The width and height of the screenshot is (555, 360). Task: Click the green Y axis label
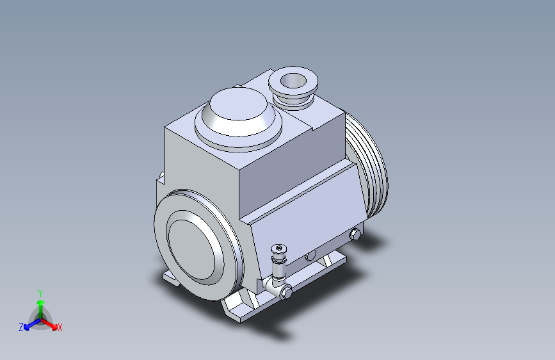40,293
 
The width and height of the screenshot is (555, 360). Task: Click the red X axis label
60,327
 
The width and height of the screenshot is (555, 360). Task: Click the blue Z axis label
21,327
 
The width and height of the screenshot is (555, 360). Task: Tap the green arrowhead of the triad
41,302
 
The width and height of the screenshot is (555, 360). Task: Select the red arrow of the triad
49,324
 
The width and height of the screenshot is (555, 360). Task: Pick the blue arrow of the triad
32,323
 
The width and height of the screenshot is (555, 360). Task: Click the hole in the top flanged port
293,81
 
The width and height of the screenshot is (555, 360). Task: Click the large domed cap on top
238,117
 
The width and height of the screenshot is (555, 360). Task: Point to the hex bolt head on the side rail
355,234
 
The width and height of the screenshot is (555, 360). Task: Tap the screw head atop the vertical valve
279,248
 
